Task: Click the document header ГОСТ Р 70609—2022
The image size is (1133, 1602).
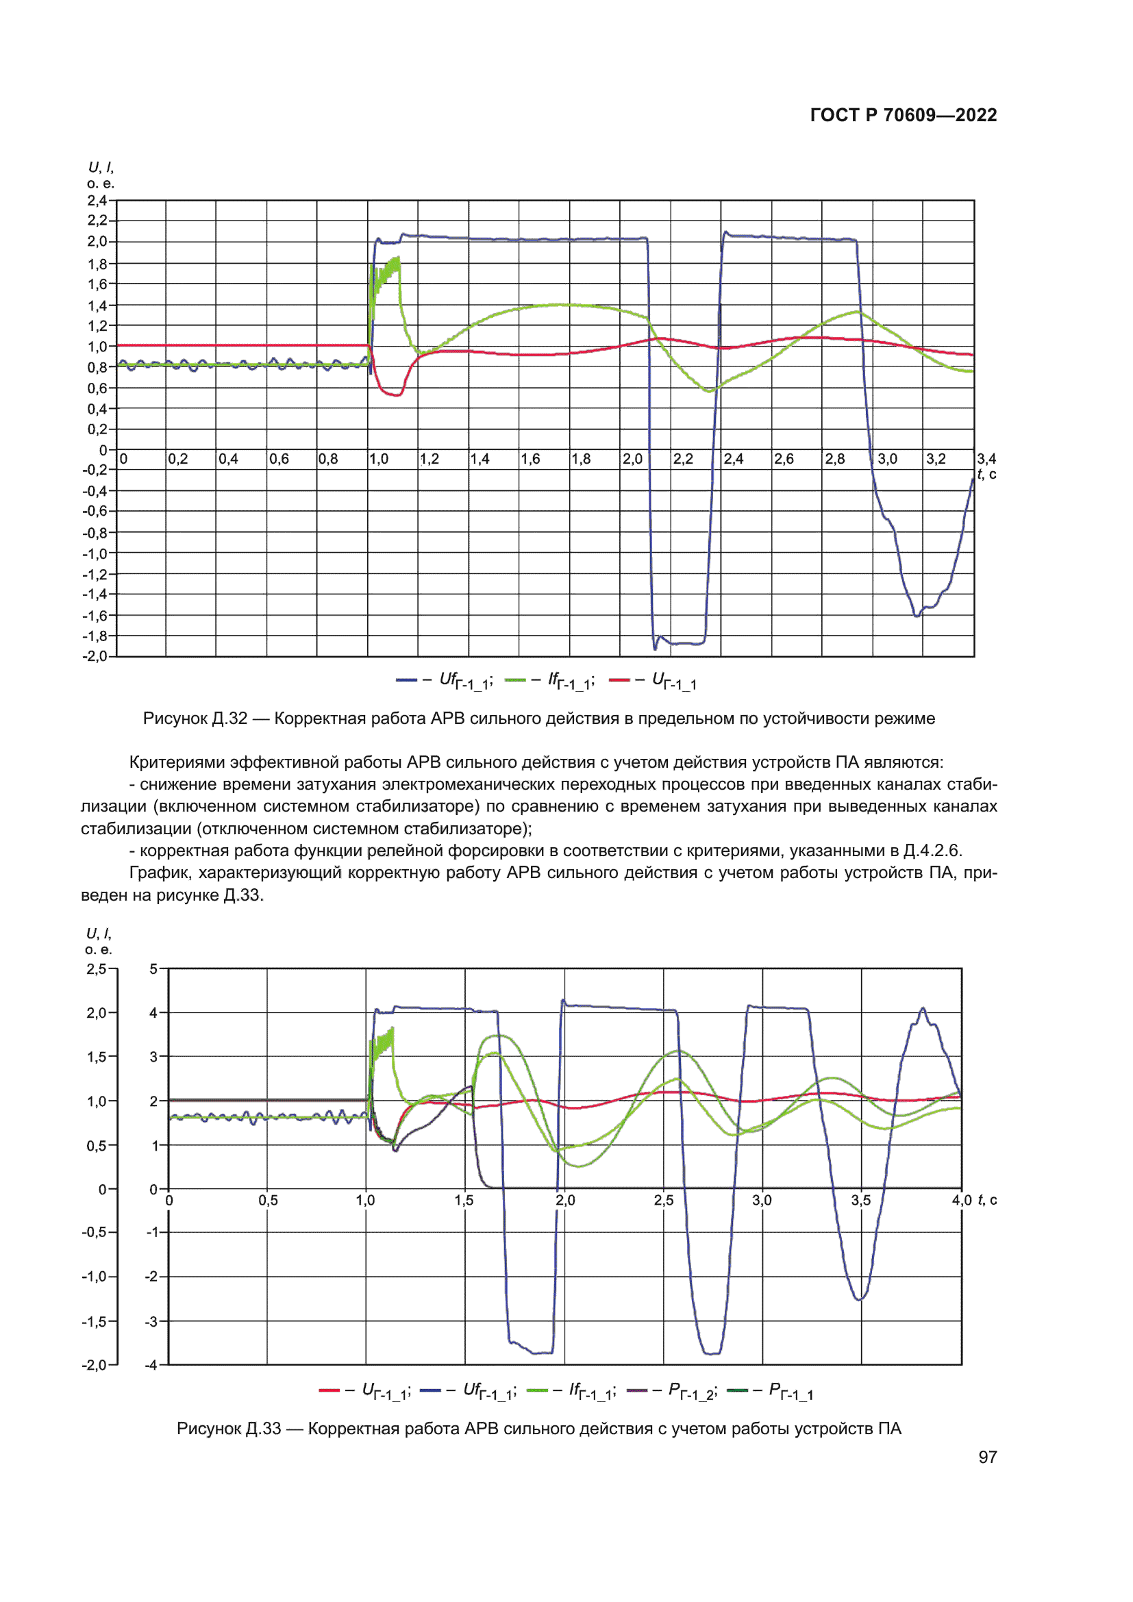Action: [x=903, y=115]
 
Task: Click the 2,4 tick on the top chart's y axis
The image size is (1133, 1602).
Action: [x=97, y=201]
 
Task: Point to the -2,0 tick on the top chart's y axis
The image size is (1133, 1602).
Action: [x=96, y=657]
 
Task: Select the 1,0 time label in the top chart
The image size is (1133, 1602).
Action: [x=379, y=459]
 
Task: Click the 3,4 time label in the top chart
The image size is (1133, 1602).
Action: [x=986, y=459]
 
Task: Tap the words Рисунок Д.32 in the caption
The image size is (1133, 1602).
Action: [x=195, y=718]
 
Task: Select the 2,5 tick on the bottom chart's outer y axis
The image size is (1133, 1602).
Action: [x=97, y=969]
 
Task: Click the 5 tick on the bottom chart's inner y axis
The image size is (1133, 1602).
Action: [x=153, y=969]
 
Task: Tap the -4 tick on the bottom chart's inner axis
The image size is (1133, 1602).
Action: [x=151, y=1365]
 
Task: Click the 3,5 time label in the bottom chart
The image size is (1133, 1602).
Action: [x=860, y=1201]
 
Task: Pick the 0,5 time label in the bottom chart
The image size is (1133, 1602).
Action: [x=268, y=1201]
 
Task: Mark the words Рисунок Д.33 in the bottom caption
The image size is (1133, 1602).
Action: [x=229, y=1428]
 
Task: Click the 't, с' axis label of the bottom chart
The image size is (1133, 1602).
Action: [x=987, y=1200]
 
